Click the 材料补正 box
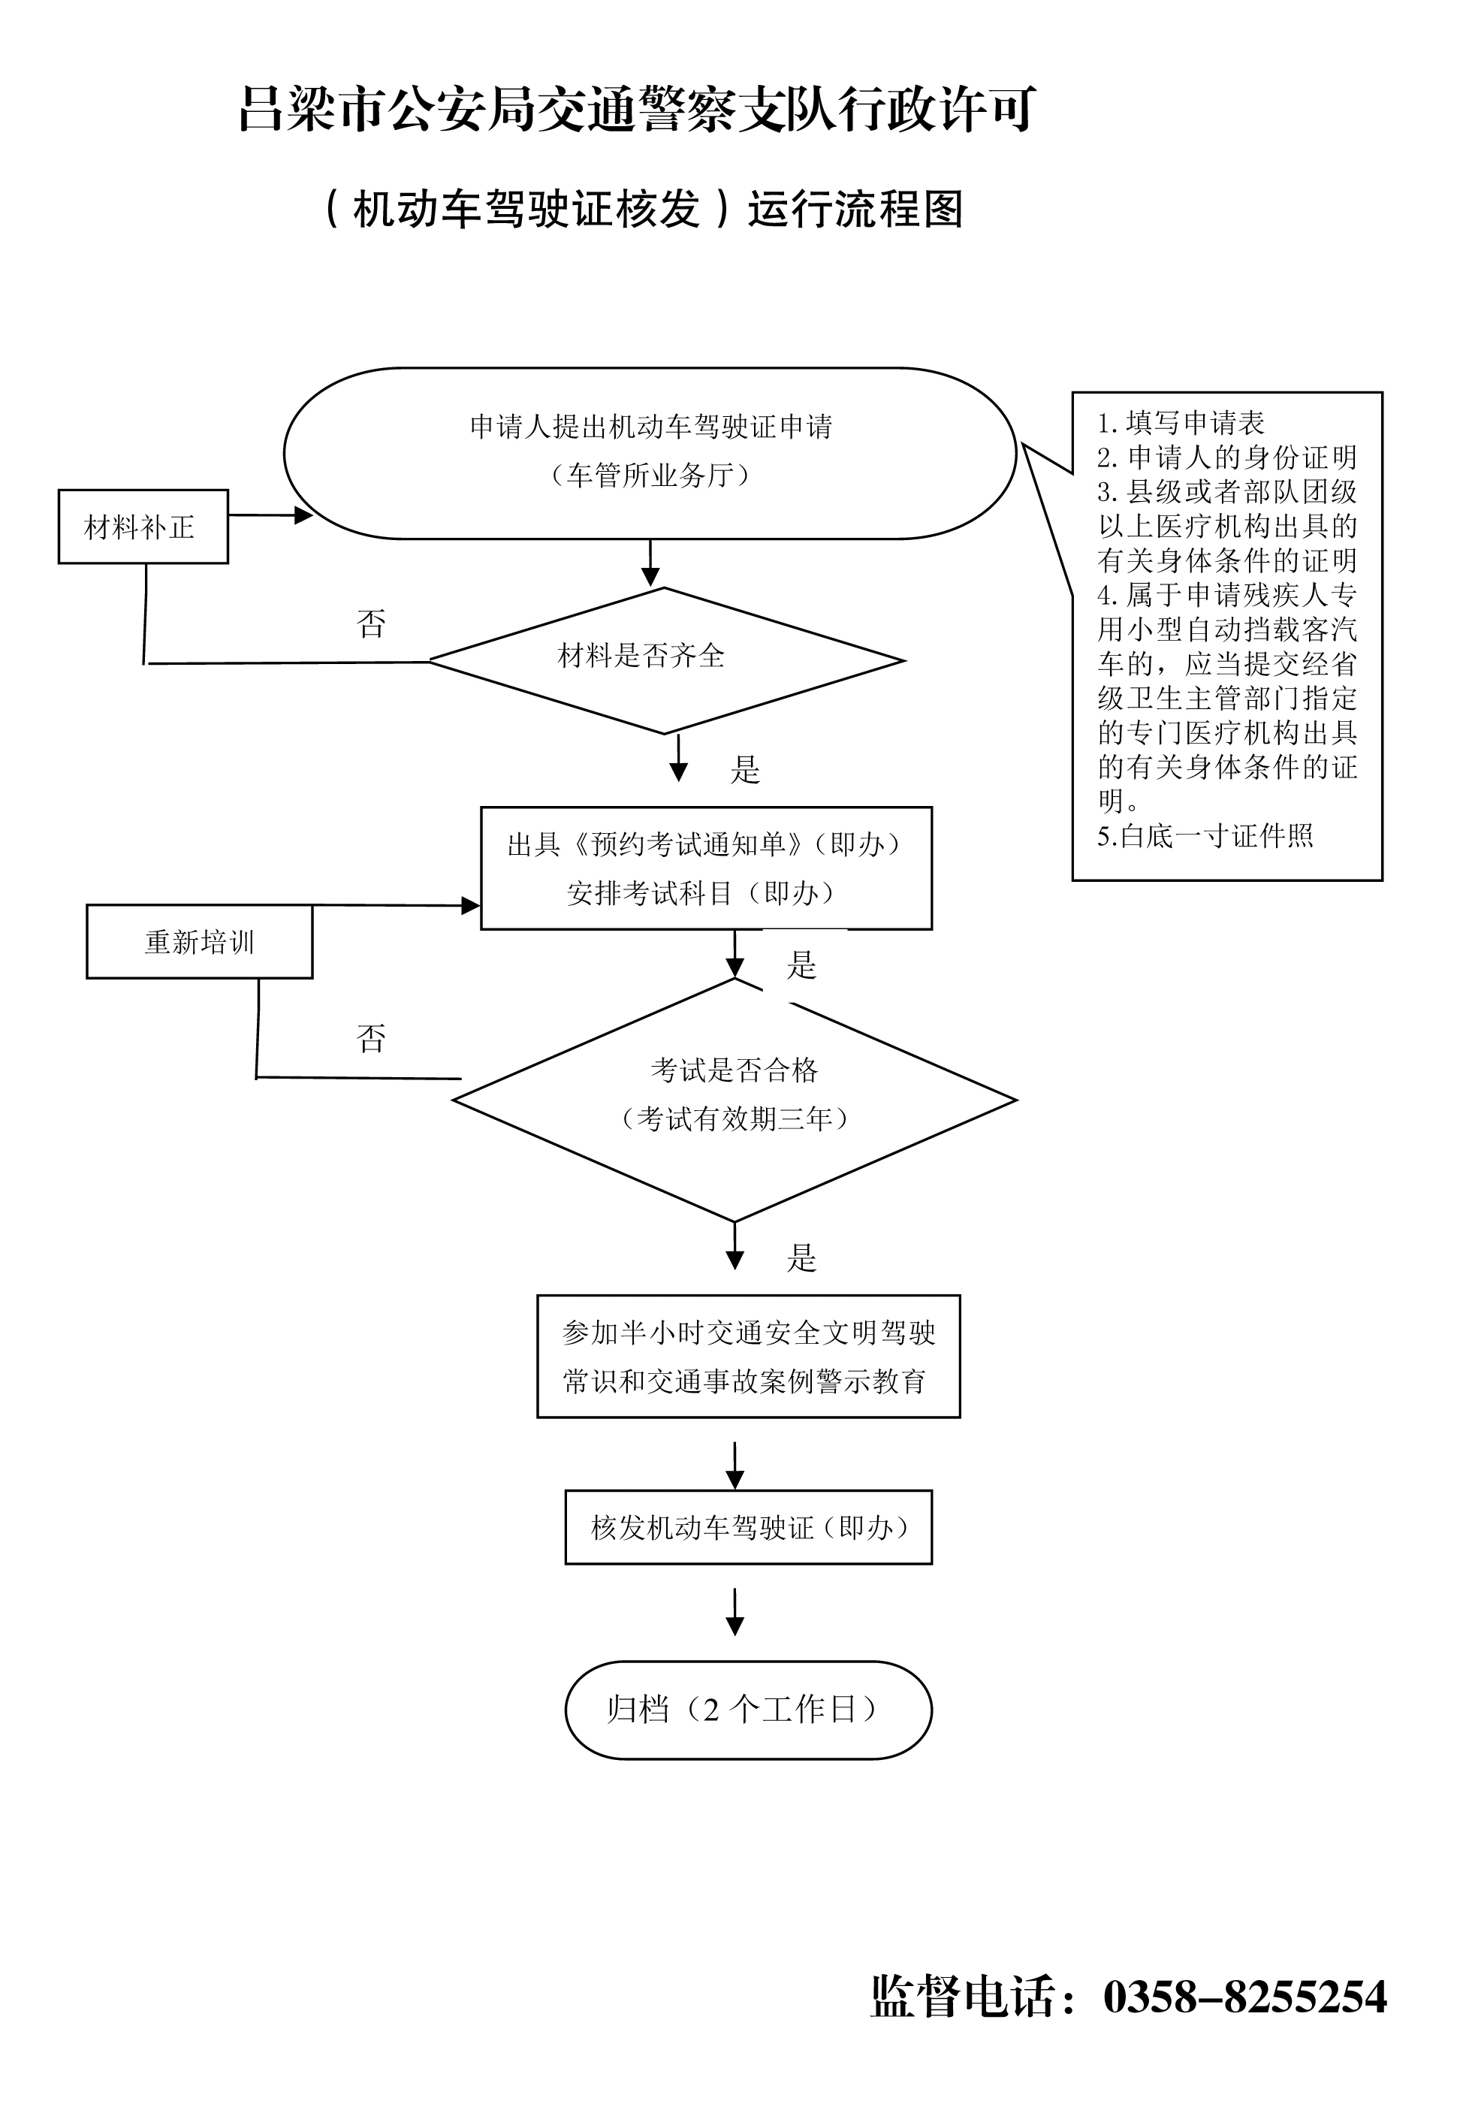coord(143,526)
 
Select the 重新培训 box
coord(200,942)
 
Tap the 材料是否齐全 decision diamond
coord(665,660)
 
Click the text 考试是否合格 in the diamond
coord(734,1069)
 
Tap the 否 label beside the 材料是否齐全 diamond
coord(370,624)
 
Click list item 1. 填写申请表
coord(1181,423)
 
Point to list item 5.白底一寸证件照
coord(1205,835)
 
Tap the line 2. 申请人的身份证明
coord(1226,457)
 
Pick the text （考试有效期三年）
coord(734,1118)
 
